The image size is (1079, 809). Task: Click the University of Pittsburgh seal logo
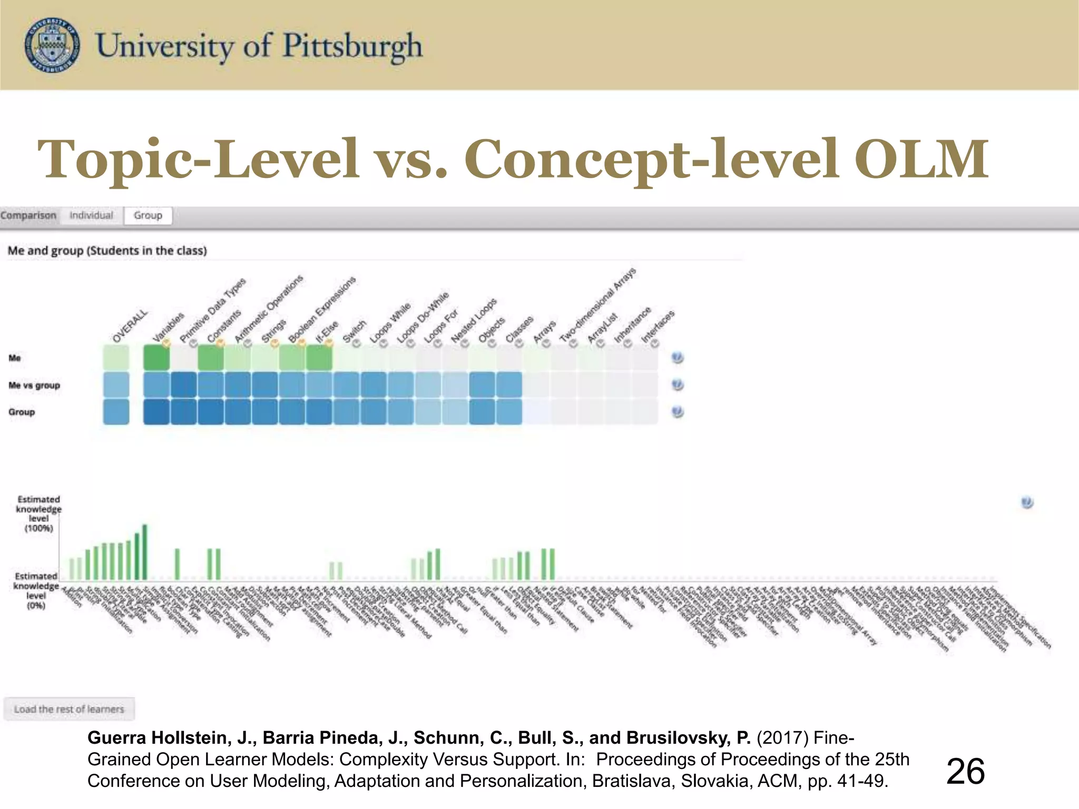tap(53, 45)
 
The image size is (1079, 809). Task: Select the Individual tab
tap(91, 215)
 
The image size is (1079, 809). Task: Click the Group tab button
tap(148, 215)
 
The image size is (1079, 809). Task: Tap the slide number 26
tap(965, 772)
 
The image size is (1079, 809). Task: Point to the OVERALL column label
tap(130, 327)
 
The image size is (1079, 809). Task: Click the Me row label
tap(15, 358)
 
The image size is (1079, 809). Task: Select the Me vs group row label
tap(34, 386)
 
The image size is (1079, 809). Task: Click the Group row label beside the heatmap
tap(22, 412)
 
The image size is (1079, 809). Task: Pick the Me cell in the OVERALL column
tap(116, 358)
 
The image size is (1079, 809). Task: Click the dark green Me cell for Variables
tap(156, 358)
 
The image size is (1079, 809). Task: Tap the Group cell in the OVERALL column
tap(116, 412)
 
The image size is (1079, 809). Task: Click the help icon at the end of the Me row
tap(678, 358)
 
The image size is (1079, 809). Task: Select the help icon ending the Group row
tap(678, 412)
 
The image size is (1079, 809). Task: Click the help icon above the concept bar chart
tap(1027, 502)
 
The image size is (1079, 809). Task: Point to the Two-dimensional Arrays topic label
tap(598, 305)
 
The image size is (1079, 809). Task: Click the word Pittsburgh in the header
tap(352, 46)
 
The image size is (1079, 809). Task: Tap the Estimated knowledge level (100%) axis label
tap(38, 514)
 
